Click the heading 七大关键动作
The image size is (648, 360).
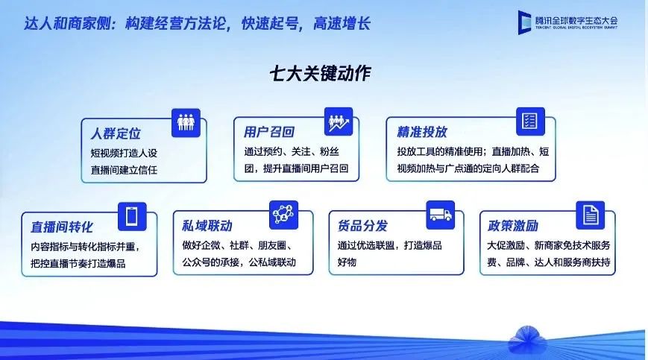(x=321, y=74)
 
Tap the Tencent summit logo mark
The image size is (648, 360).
(x=524, y=22)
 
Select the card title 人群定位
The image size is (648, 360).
(x=116, y=133)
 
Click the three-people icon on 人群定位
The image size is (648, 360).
(x=186, y=123)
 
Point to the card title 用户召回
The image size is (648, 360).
(x=268, y=132)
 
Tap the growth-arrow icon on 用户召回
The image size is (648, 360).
(x=339, y=121)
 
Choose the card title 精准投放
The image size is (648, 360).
(x=422, y=132)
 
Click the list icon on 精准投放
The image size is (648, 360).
(x=530, y=121)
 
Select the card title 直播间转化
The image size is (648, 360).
(x=62, y=227)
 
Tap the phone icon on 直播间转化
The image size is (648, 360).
(x=132, y=216)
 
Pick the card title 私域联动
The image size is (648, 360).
(x=207, y=225)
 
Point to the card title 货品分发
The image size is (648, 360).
(x=363, y=225)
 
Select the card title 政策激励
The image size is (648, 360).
(x=513, y=225)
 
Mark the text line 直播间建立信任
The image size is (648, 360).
(x=124, y=170)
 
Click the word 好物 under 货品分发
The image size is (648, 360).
(x=347, y=262)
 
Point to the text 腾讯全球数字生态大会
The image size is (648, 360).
(x=576, y=20)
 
